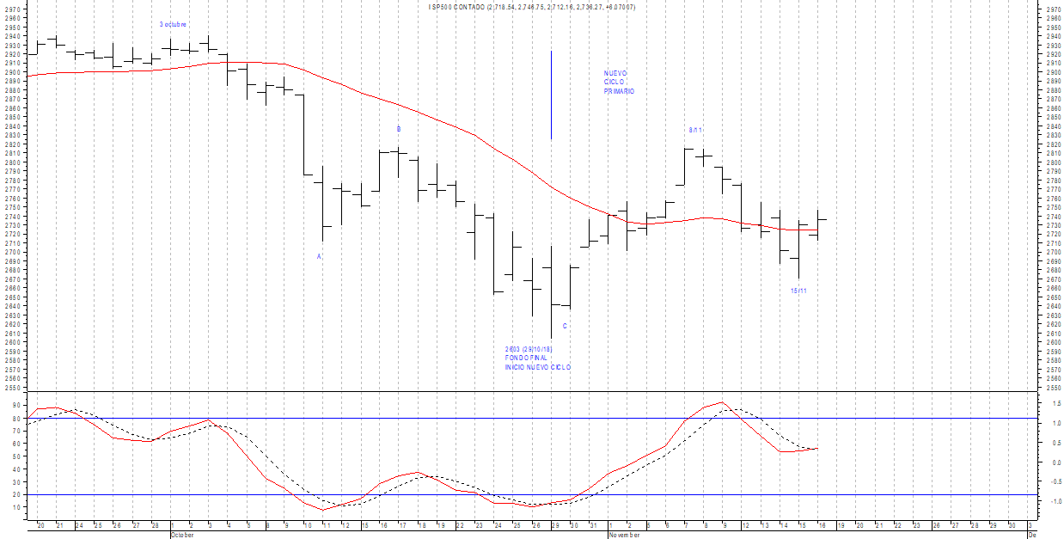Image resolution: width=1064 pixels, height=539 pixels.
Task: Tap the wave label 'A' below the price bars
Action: [319, 256]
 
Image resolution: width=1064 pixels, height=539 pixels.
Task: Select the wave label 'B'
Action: [398, 129]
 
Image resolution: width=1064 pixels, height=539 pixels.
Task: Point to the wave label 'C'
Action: [565, 327]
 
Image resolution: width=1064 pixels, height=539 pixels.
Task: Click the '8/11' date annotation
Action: [695, 130]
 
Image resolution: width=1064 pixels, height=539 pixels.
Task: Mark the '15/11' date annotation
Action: [798, 291]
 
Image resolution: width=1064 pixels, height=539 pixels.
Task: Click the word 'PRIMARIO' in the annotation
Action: [619, 91]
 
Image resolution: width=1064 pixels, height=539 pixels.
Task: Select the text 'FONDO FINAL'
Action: [526, 358]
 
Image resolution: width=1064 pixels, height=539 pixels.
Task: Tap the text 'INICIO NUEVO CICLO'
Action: [537, 368]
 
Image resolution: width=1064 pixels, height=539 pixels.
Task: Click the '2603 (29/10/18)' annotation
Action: [529, 349]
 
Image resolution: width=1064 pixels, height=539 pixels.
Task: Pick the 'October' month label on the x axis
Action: [184, 534]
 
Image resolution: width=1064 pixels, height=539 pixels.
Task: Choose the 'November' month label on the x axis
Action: [623, 534]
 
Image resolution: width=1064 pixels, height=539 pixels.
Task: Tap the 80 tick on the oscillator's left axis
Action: [16, 419]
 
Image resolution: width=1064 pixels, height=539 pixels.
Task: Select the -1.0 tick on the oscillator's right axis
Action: [1051, 501]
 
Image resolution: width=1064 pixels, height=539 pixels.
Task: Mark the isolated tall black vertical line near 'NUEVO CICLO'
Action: [551, 95]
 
